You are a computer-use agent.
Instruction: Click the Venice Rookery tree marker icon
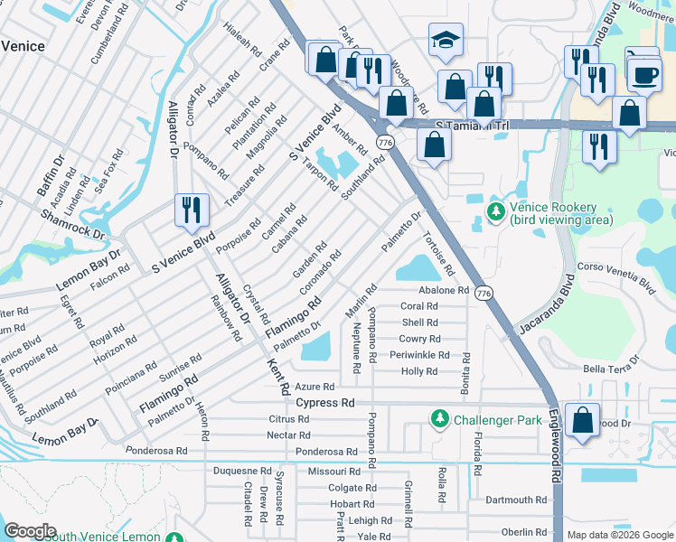[x=494, y=212]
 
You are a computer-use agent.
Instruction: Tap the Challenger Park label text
[x=495, y=418]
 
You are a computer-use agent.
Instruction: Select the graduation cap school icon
[x=446, y=41]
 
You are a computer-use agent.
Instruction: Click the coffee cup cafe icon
[x=644, y=75]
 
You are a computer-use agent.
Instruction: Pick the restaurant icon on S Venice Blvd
[x=192, y=210]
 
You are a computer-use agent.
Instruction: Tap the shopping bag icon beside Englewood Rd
[x=583, y=420]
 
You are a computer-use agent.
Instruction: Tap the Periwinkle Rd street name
[x=418, y=355]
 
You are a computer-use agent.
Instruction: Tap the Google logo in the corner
[x=30, y=530]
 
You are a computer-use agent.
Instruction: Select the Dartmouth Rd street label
[x=515, y=500]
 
